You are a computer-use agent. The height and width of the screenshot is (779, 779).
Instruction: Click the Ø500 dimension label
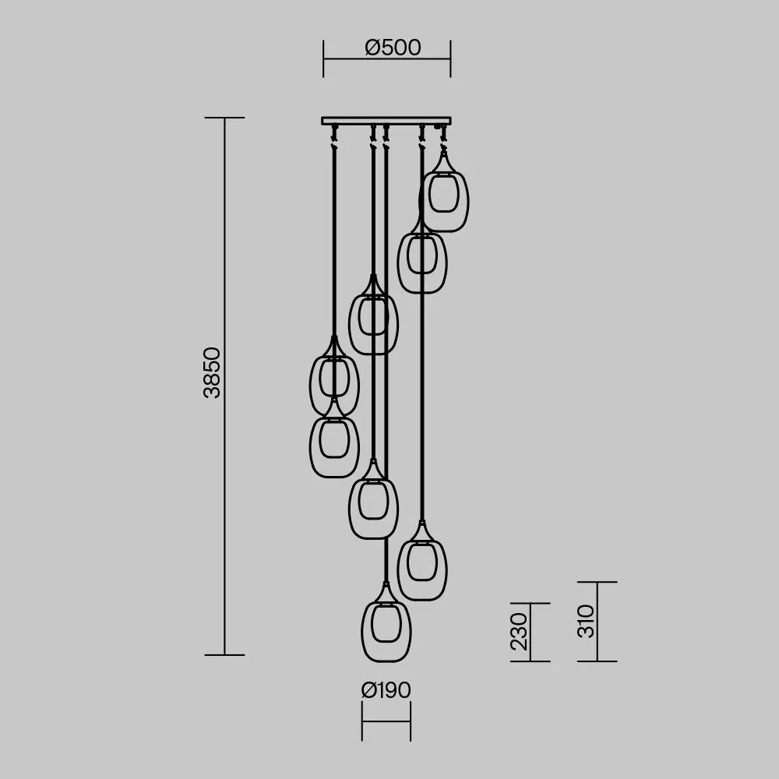[x=393, y=48]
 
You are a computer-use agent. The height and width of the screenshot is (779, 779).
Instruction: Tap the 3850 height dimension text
[x=212, y=372]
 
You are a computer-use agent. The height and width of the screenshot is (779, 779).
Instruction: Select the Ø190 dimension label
[x=386, y=690]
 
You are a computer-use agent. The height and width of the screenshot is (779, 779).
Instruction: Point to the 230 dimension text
[x=519, y=632]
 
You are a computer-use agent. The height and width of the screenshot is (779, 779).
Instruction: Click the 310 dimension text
[x=587, y=621]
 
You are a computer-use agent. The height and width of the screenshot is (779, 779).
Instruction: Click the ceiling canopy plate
[x=386, y=121]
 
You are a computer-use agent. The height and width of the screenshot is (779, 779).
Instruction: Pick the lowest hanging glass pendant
[x=386, y=622]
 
